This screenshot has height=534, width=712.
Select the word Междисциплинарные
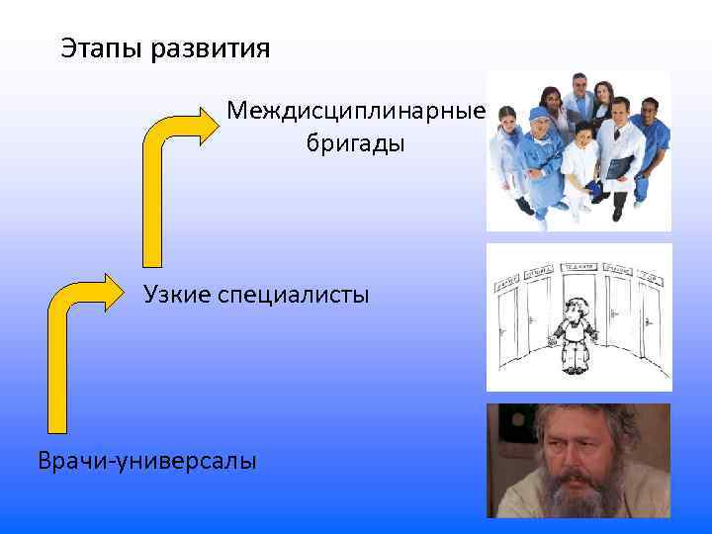click(x=355, y=110)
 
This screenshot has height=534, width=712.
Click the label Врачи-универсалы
click(x=146, y=460)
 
